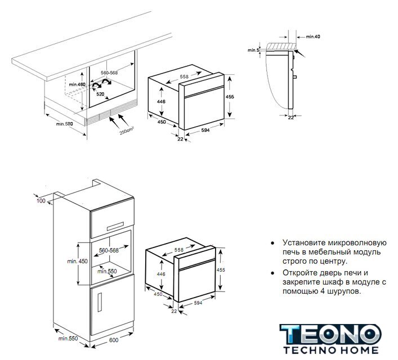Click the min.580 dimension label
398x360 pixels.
65,124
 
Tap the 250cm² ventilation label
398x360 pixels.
127,130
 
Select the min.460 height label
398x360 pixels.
77,84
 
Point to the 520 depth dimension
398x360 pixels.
100,94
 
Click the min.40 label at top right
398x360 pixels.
313,37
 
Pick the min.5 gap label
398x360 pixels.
253,50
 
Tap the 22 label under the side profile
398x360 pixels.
291,118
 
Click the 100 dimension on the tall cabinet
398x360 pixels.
41,201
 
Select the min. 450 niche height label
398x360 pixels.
77,261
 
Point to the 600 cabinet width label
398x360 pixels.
114,340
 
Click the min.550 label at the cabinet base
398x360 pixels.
68,339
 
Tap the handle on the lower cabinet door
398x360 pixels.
100,301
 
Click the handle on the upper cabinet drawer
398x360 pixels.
115,226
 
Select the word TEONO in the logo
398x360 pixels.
330,335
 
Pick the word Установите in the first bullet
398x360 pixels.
304,242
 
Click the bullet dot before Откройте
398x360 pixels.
272,273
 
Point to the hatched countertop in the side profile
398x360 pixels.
281,46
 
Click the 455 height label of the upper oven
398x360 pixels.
230,97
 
